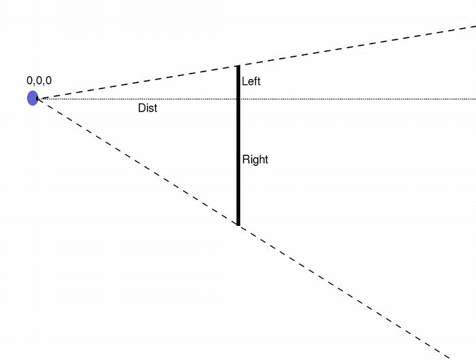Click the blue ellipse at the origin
[32, 98]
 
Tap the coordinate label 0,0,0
[39, 80]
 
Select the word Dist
[148, 108]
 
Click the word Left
[251, 82]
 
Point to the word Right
[255, 160]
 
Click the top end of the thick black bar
[238, 67]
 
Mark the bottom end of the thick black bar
[238, 224]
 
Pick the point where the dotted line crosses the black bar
[238, 99]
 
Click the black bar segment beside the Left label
[238, 82]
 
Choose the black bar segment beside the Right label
[238, 161]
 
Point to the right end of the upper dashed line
[474, 27]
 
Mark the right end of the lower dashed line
[449, 356]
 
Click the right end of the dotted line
[474, 99]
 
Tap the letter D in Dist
[141, 108]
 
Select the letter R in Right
[246, 160]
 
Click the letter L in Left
[245, 82]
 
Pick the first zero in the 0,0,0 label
[30, 80]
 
